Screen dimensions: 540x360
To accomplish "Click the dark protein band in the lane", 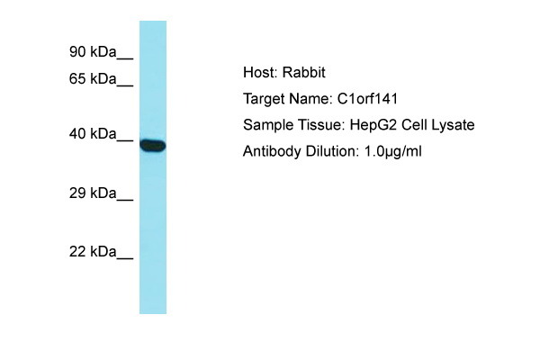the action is pos(153,146).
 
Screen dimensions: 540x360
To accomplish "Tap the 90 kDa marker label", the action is pos(93,51).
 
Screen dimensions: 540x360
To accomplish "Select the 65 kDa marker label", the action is pos(93,79).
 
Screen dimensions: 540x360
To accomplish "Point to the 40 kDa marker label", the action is pos(93,134).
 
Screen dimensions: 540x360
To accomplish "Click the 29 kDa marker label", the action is pos(93,193).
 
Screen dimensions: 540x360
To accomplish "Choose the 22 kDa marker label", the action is pos(93,252).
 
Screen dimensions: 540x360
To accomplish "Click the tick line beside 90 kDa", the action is pos(125,58).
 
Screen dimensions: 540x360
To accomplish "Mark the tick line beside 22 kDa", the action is pos(125,258).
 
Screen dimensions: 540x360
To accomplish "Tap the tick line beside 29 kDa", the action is pos(125,200).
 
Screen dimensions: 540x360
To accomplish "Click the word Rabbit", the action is pos(303,73).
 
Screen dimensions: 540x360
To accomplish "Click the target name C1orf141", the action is pos(367,99).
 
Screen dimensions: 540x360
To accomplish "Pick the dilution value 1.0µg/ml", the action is pos(392,151).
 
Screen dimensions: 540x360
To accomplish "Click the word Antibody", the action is pos(272,151).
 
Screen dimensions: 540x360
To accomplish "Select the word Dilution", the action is pos(332,151).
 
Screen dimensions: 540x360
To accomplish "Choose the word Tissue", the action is pos(321,125).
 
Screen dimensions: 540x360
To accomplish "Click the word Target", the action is pos(264,99).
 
